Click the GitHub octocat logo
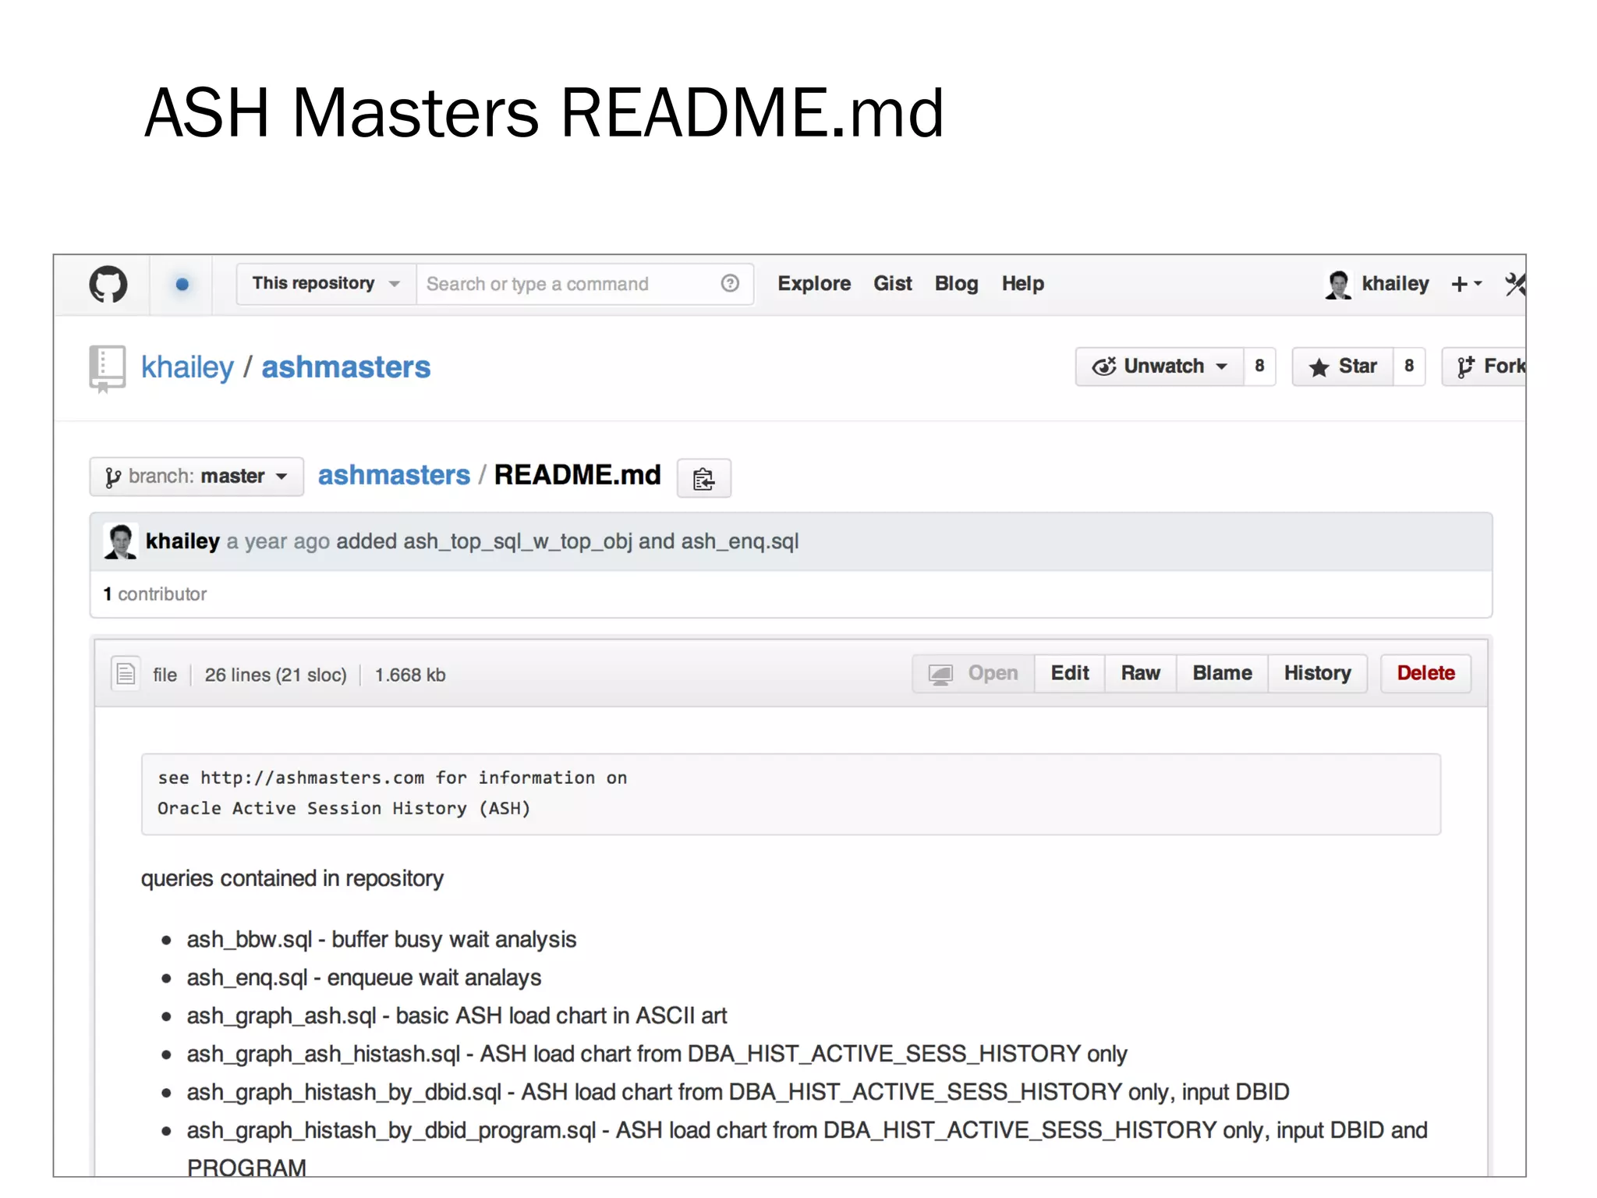[108, 285]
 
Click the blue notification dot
[182, 285]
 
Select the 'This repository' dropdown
[325, 284]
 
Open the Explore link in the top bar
[813, 284]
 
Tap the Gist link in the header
[892, 284]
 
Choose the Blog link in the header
[956, 284]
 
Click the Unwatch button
[1160, 367]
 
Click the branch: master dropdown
[197, 477]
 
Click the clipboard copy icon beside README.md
[703, 478]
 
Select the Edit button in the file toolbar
[1069, 673]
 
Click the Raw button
[1140, 673]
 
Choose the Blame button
[1222, 673]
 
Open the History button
[1317, 673]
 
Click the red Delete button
[1425, 673]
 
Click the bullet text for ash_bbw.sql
[381, 939]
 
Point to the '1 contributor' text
[155, 594]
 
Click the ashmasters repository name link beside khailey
[345, 367]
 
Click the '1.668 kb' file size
[410, 675]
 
